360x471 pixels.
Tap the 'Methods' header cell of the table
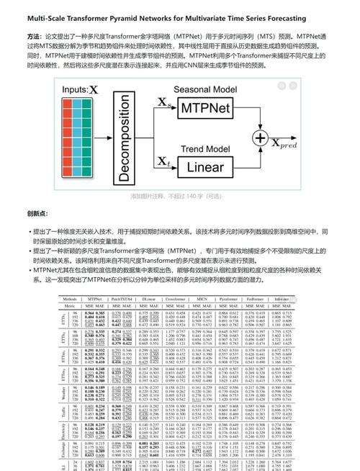tap(70, 298)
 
